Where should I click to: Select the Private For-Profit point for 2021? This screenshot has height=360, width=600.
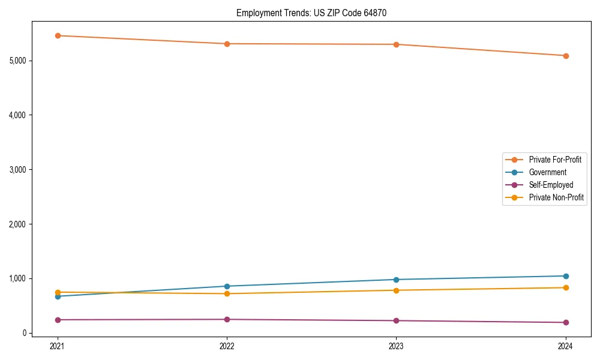click(58, 35)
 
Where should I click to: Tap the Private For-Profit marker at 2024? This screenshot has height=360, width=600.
click(566, 56)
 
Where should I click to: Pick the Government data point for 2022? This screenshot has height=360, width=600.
click(227, 286)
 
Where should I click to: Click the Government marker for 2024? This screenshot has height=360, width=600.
click(566, 276)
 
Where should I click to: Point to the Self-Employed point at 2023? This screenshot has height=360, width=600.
click(396, 320)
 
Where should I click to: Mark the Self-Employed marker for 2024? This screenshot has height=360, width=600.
click(566, 322)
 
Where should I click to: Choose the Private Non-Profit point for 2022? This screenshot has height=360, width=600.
click(227, 293)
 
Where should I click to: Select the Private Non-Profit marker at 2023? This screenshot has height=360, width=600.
click(396, 290)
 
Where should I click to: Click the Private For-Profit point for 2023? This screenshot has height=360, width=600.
click(396, 44)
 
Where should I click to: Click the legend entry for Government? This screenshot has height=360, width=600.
click(547, 172)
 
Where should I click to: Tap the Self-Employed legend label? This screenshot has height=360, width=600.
click(551, 185)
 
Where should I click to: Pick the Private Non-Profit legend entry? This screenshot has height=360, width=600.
click(556, 197)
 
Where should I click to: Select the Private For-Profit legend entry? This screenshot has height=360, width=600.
click(555, 160)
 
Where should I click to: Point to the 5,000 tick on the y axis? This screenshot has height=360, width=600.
click(17, 61)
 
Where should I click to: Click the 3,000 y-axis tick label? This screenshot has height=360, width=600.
click(17, 170)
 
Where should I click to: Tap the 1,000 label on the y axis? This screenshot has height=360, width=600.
click(17, 278)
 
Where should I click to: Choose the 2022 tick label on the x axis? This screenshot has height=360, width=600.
click(227, 346)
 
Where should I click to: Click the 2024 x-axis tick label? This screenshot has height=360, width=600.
click(566, 346)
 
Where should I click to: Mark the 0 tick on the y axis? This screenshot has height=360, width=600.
click(24, 333)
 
